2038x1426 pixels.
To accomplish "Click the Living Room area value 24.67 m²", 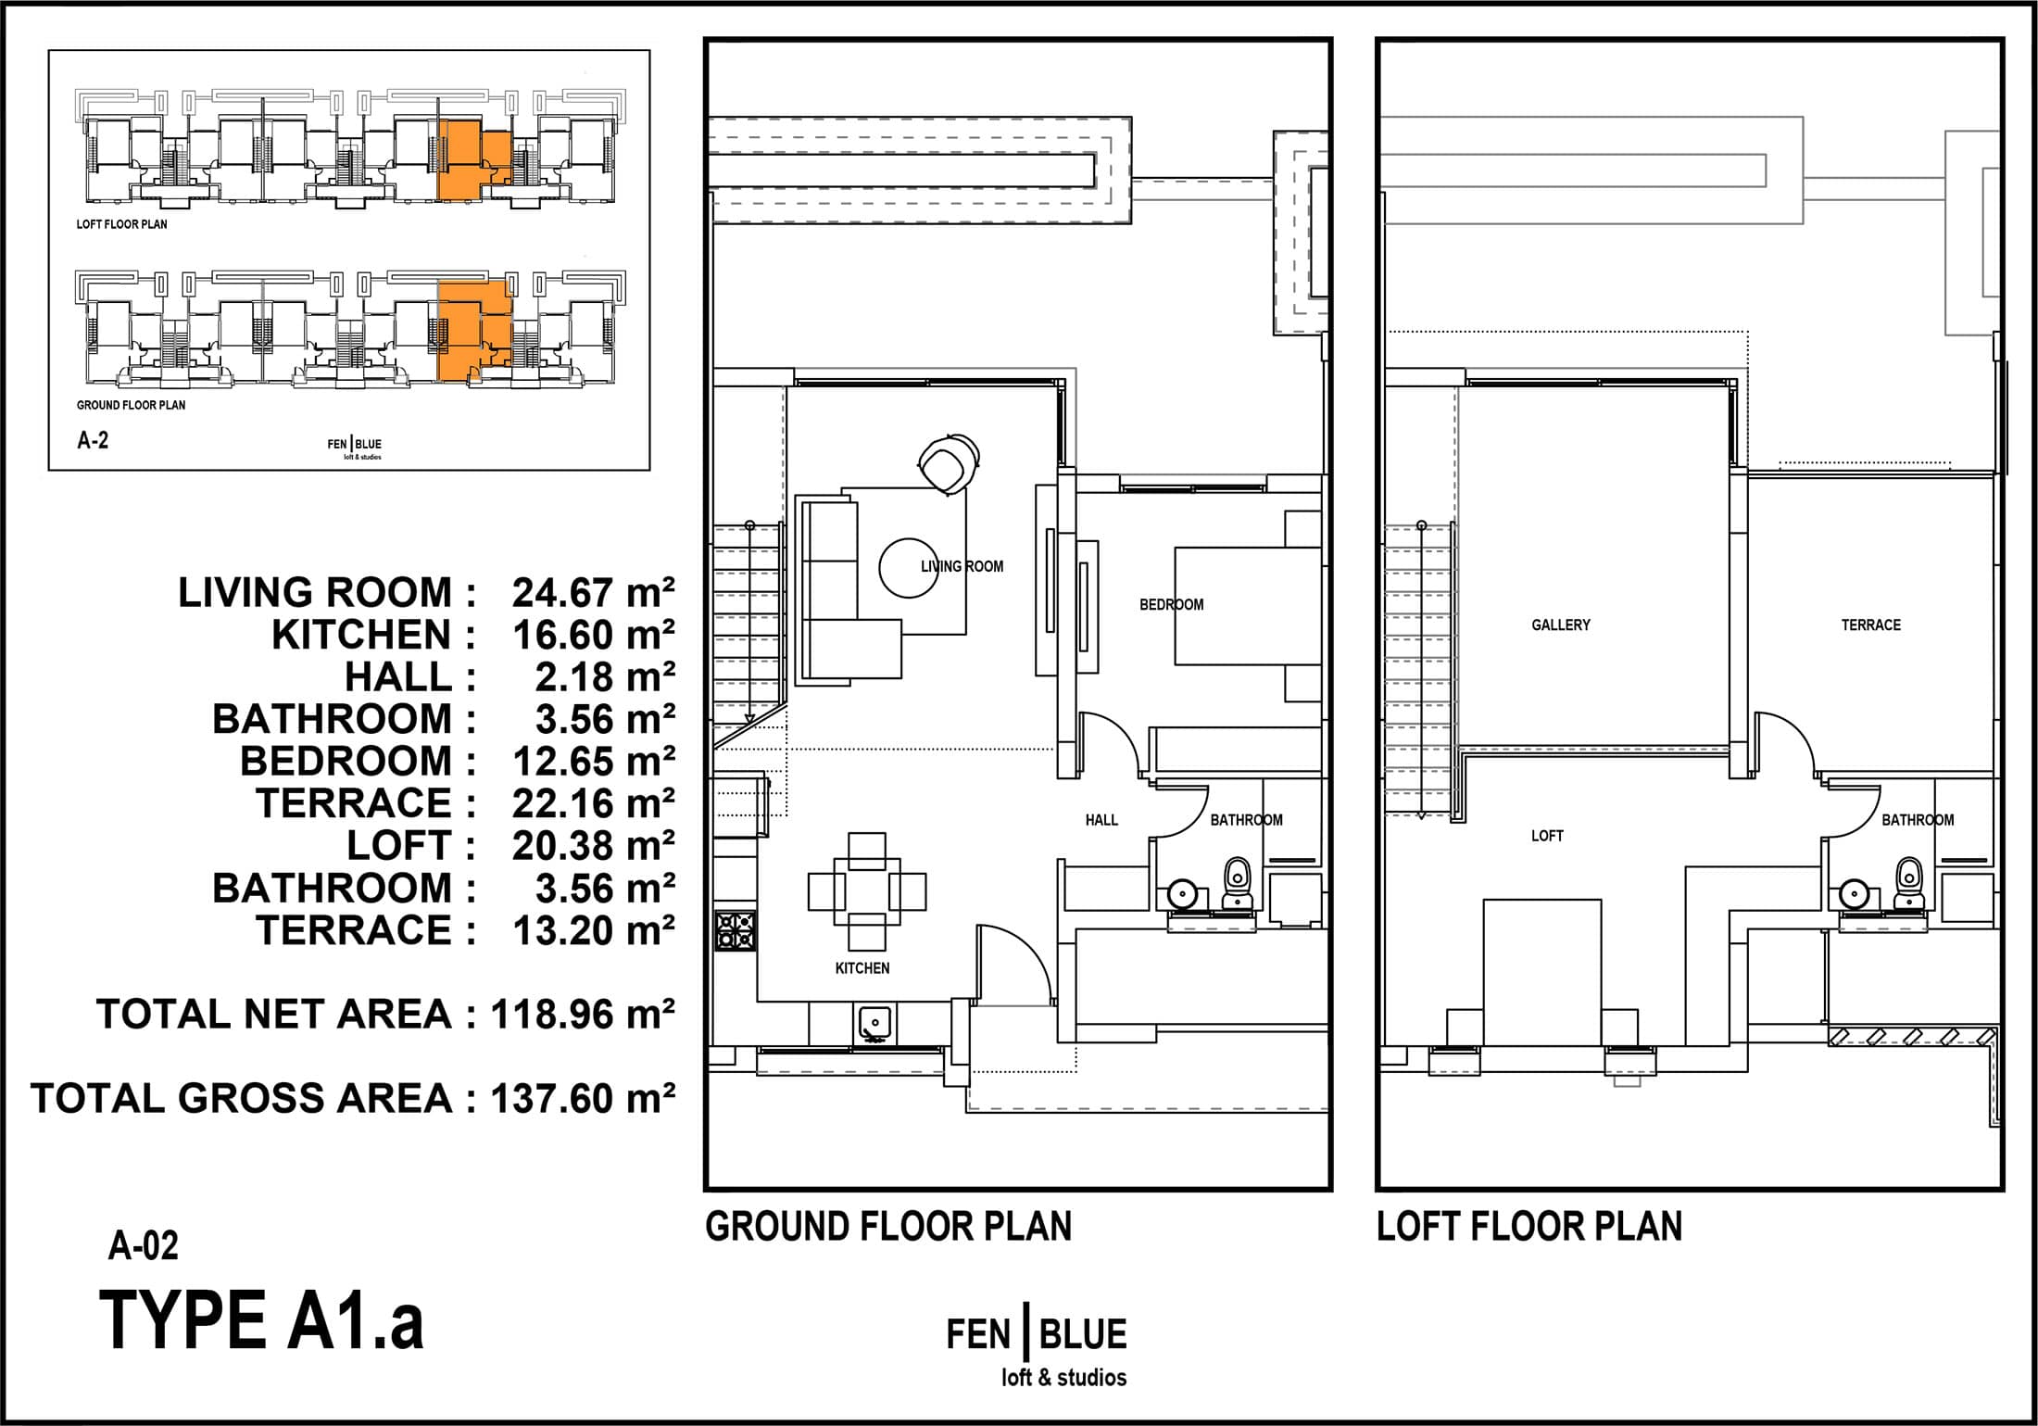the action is coord(594,593).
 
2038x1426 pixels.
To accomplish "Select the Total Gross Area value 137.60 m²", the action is coord(583,1099).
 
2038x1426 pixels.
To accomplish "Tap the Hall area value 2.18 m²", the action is coord(605,677).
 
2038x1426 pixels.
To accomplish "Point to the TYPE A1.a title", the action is coord(261,1320).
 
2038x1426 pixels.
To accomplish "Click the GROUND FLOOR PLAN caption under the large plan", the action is coord(888,1227).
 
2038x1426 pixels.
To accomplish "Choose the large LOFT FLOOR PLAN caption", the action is coord(1529,1227).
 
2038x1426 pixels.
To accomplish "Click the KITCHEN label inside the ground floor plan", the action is coord(862,968).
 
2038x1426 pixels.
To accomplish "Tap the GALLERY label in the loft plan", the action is coord(1561,625).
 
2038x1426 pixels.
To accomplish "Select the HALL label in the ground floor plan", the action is coord(1101,820).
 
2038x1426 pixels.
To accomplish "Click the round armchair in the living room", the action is coord(949,463).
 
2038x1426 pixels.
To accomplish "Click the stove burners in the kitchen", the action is coord(736,930).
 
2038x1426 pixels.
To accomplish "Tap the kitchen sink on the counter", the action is coord(874,1023).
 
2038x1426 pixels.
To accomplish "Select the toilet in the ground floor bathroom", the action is coord(1237,883).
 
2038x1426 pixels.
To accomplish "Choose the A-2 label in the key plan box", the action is coord(93,441).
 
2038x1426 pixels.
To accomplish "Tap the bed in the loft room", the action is coord(1541,972).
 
